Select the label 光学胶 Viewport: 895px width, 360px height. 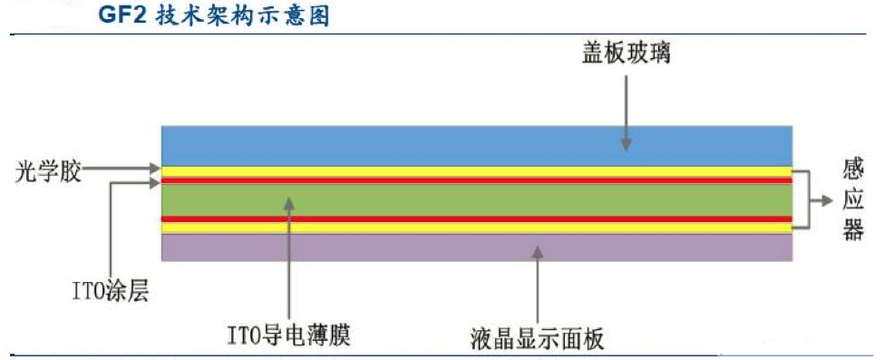click(48, 170)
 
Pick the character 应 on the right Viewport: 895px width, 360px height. click(852, 199)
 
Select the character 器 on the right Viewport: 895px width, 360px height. click(852, 229)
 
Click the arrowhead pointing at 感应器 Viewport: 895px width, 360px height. click(827, 200)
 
